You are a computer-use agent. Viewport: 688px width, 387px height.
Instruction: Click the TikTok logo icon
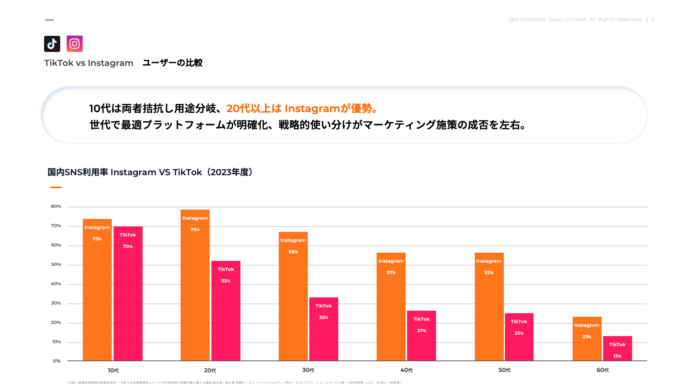point(52,44)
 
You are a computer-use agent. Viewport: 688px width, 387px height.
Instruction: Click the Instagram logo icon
point(75,44)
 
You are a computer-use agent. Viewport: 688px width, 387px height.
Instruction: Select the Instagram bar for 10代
point(97,290)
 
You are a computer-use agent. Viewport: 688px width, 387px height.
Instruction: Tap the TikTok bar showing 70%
point(128,294)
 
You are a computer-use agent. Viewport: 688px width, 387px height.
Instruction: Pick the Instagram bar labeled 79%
point(195,287)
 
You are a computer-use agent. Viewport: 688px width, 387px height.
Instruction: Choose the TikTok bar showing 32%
point(324,330)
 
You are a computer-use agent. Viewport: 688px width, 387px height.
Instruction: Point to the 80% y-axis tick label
point(56,206)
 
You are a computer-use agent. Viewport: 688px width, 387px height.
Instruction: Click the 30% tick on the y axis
point(56,303)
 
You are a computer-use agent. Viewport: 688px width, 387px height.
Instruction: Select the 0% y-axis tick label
point(57,361)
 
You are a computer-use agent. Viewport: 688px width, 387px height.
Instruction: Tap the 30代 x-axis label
point(308,370)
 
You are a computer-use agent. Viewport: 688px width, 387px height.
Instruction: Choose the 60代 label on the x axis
point(603,370)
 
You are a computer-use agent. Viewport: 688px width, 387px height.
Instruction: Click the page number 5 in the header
point(653,19)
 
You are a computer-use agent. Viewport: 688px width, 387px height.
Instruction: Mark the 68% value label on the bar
point(293,252)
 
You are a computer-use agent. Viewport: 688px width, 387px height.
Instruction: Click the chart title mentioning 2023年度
point(150,172)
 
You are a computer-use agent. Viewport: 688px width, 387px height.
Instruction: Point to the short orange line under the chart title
point(56,187)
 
